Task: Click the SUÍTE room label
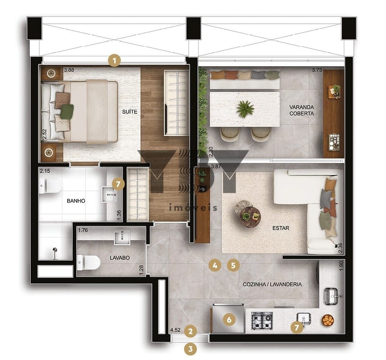(x=130, y=111)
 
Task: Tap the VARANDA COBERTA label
(x=302, y=110)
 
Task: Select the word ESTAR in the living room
(x=280, y=228)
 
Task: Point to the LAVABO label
(x=119, y=258)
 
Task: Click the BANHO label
(x=76, y=201)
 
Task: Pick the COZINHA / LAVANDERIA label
(x=272, y=284)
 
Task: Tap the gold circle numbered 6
(x=229, y=320)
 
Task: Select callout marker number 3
(x=190, y=349)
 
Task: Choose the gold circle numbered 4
(x=215, y=265)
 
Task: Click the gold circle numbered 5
(x=233, y=265)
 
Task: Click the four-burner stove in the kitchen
(x=262, y=321)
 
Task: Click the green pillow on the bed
(x=67, y=111)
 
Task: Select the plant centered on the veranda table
(x=245, y=108)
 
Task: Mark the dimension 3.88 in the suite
(x=69, y=70)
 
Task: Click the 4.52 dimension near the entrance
(x=176, y=330)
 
